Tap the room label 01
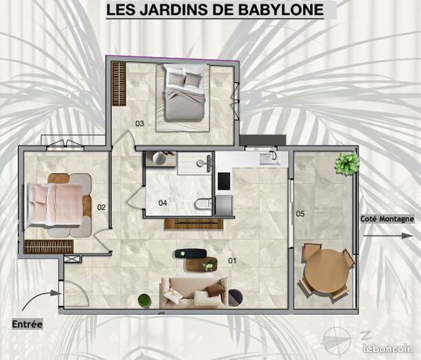[x=232, y=261]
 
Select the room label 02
[x=101, y=207]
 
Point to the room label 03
[x=139, y=124]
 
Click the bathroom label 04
[x=163, y=203]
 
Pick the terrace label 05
[x=300, y=214]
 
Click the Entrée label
[x=27, y=324]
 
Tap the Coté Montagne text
[x=387, y=219]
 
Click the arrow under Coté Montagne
[x=387, y=236]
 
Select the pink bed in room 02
[x=55, y=205]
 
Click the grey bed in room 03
[x=184, y=92]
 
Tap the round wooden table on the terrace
[x=326, y=271]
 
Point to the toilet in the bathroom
[x=203, y=203]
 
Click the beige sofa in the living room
[x=194, y=292]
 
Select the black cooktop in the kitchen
[x=224, y=182]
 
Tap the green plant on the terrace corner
[x=347, y=163]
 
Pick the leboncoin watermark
[x=387, y=348]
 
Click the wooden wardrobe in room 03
[x=119, y=84]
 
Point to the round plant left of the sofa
[x=145, y=301]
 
